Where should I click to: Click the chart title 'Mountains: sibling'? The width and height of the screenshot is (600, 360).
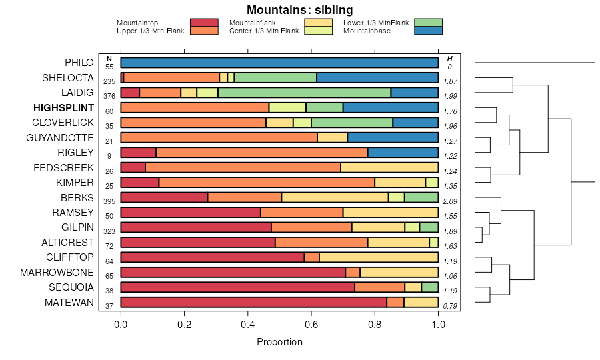click(299, 10)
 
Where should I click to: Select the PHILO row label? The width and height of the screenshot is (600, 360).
click(79, 63)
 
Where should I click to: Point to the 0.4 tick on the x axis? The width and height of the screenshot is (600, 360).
click(248, 324)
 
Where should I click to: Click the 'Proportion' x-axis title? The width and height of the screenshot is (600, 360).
click(279, 342)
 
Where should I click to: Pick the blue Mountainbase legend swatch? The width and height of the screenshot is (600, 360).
click(427, 31)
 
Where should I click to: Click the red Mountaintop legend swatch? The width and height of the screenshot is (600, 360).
click(204, 23)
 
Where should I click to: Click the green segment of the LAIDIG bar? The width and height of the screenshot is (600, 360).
click(304, 93)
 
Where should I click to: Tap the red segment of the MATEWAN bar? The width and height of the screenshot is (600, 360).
click(253, 303)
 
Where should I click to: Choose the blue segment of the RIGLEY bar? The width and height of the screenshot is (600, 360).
click(403, 153)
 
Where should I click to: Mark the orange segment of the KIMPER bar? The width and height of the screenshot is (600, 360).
click(267, 183)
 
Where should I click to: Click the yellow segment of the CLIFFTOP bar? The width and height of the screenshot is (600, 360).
click(379, 257)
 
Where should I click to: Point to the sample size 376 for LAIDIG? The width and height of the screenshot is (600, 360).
click(109, 96)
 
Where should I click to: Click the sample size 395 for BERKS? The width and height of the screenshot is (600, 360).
click(109, 201)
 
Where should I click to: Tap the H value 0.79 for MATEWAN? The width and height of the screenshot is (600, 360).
click(450, 306)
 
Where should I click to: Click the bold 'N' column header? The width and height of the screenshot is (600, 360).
click(109, 59)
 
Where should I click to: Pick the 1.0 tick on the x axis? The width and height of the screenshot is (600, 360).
click(438, 324)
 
